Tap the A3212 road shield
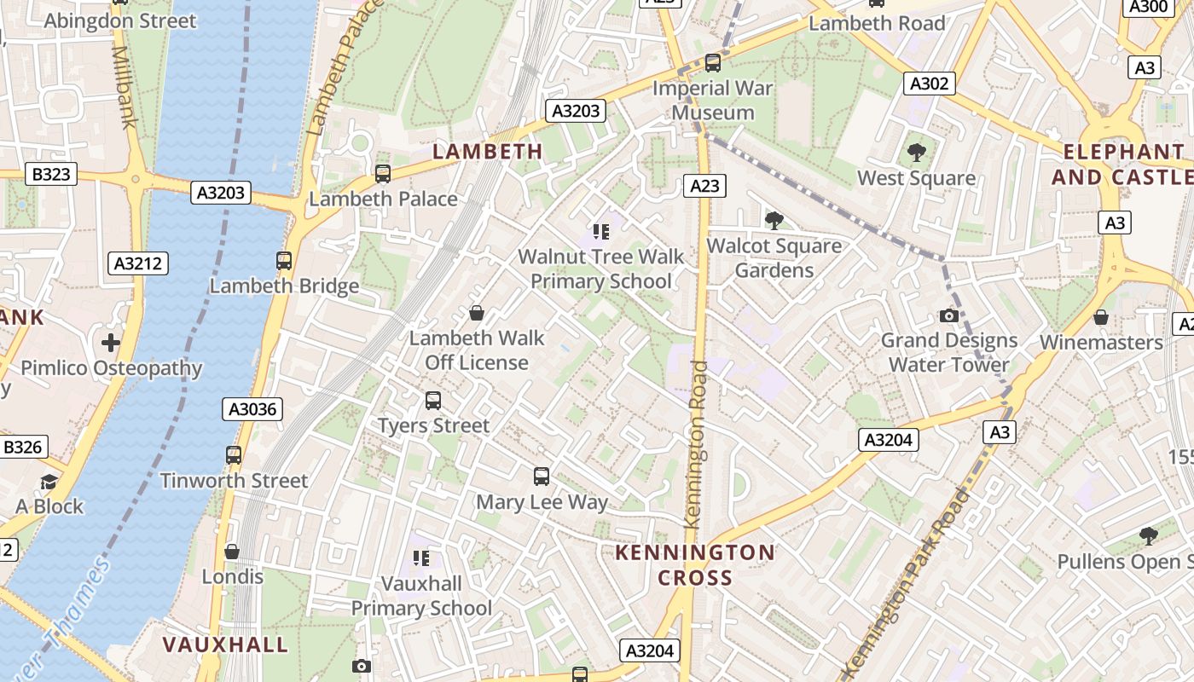(138, 263)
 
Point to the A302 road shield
(929, 84)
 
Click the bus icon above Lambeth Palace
(383, 174)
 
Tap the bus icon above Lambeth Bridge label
(284, 261)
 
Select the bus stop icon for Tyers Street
(433, 400)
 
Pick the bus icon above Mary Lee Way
(542, 477)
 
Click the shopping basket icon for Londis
(232, 552)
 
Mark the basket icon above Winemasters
(1101, 317)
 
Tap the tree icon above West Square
(917, 153)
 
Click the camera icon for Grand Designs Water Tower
(948, 315)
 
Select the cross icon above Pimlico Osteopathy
(111, 343)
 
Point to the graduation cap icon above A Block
(49, 482)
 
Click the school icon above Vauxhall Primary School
(421, 558)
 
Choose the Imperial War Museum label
(713, 101)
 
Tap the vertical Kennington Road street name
(697, 443)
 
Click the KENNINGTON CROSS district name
(695, 564)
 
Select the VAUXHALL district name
(225, 644)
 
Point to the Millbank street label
(125, 85)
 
